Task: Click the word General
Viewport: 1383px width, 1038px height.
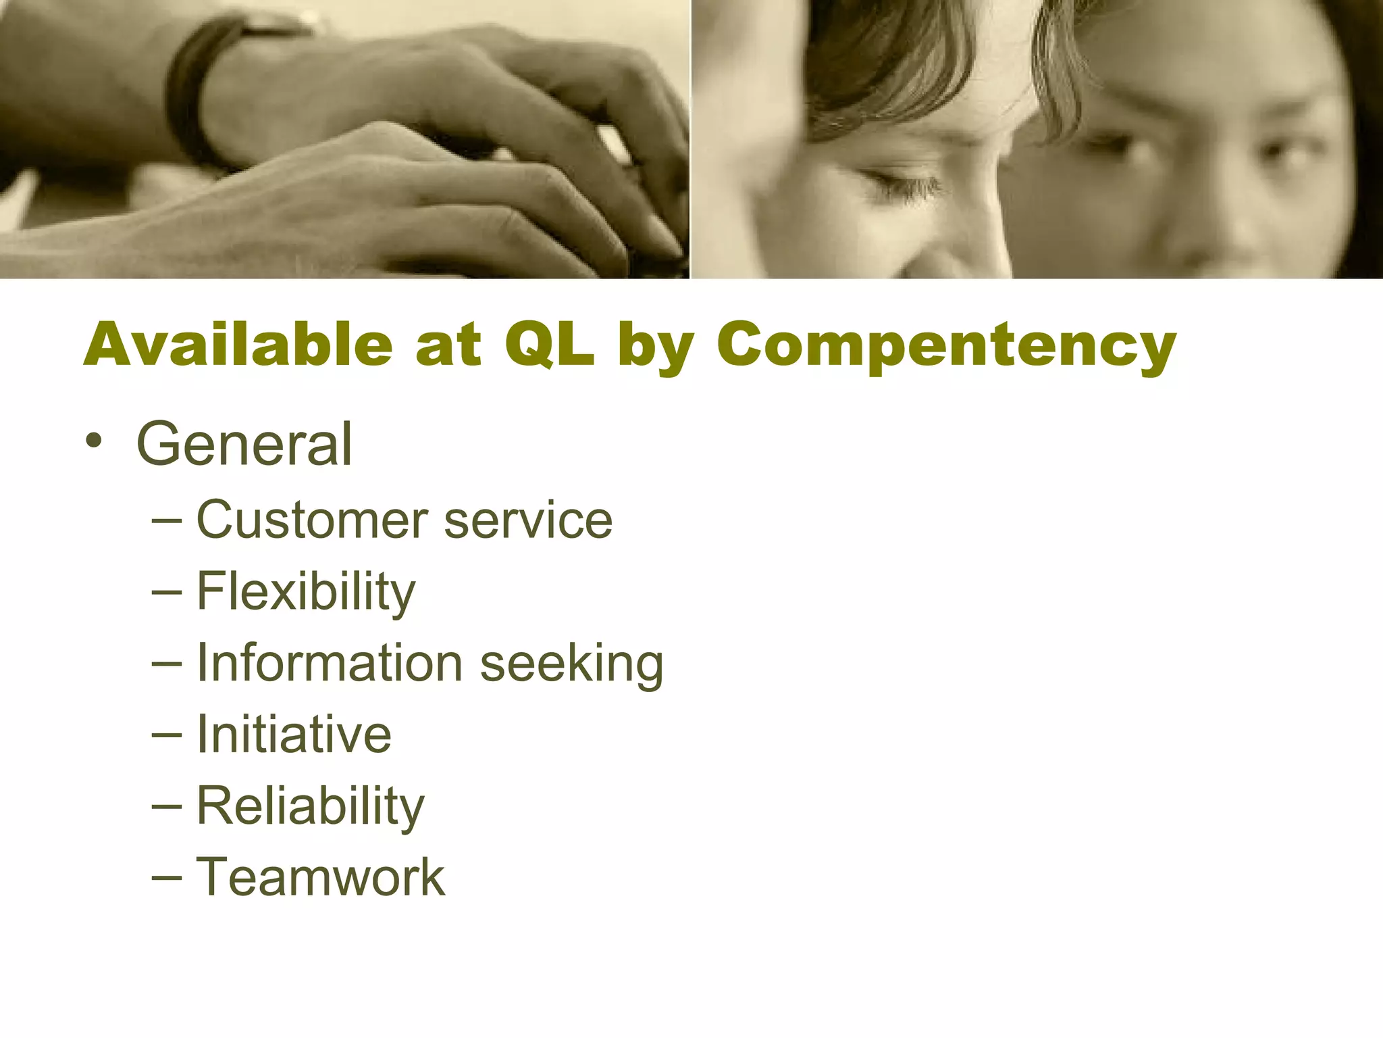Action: (244, 444)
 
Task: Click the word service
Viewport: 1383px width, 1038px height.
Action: (528, 521)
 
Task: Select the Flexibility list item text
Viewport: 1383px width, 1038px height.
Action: (306, 592)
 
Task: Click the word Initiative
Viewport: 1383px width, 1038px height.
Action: (294, 735)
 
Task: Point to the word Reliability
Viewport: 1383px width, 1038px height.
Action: (311, 806)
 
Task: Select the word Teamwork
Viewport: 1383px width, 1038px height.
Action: (321, 877)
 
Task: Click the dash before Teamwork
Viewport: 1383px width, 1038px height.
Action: (167, 878)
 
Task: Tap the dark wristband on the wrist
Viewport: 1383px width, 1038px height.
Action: (192, 95)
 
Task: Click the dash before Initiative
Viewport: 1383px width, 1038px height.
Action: (167, 735)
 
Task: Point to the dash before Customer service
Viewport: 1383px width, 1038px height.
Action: (167, 521)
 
